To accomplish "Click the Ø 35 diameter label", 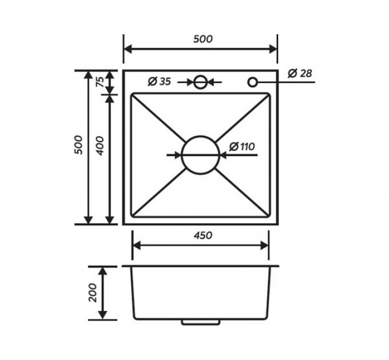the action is click(x=160, y=81).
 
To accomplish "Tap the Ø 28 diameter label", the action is click(x=300, y=73).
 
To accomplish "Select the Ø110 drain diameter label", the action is click(x=242, y=146).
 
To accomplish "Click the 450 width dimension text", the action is click(x=203, y=235).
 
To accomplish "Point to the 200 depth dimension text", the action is click(x=93, y=293).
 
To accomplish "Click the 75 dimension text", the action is click(x=100, y=82).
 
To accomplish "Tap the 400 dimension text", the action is click(x=100, y=146).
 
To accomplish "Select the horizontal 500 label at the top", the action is click(x=203, y=39).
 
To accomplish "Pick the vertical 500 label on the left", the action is click(x=78, y=145).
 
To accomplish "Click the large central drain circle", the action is click(x=200, y=136).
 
